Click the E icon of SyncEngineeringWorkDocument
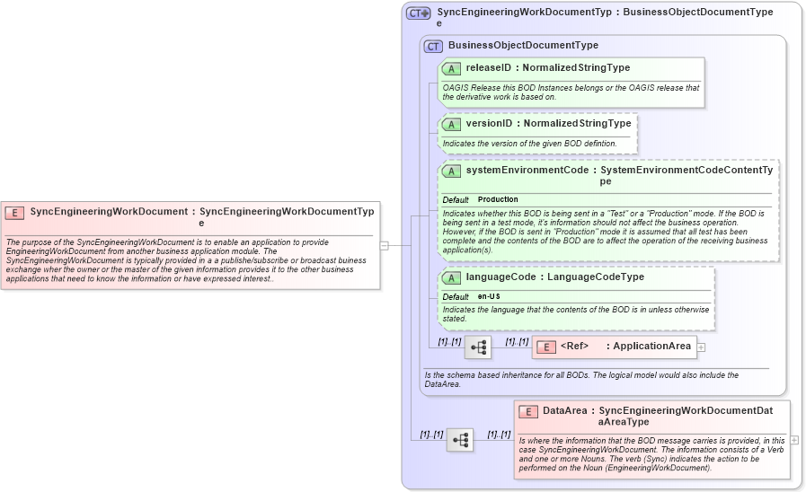(x=14, y=213)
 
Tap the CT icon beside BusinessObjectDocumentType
(x=433, y=46)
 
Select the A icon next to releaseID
(x=452, y=68)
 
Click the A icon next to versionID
(x=452, y=124)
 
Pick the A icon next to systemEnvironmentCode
(x=452, y=171)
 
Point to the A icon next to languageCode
(x=452, y=277)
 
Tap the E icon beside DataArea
(x=528, y=411)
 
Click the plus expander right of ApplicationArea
(x=702, y=347)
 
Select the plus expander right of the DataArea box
(x=794, y=440)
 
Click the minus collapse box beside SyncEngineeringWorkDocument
(x=384, y=244)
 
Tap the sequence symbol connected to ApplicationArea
(x=477, y=347)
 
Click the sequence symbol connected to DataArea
(x=460, y=440)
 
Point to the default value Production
(x=498, y=199)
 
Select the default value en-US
(x=489, y=296)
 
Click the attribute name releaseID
(x=489, y=68)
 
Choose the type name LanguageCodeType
(x=596, y=277)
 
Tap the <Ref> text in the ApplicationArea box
(x=574, y=347)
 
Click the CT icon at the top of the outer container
(x=418, y=13)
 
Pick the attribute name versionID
(x=489, y=124)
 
